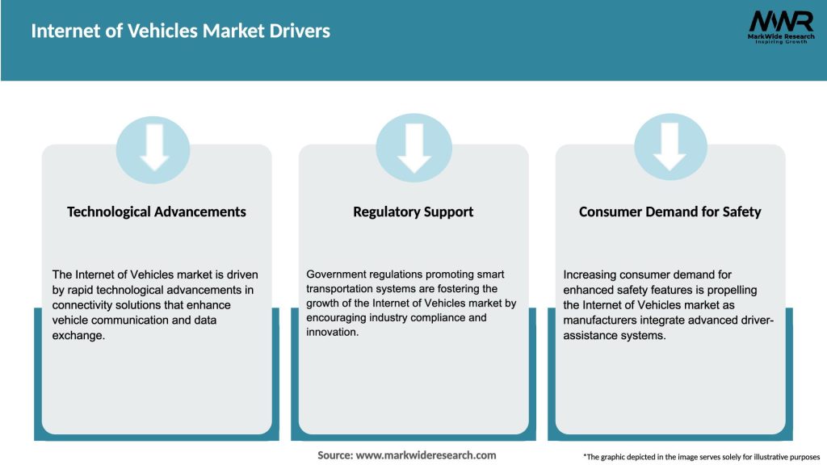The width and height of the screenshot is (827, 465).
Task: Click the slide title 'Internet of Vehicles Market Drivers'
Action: coord(180,31)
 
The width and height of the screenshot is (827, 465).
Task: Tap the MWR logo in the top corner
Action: coord(780,22)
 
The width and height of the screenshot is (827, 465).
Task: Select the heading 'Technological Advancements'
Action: coord(157,212)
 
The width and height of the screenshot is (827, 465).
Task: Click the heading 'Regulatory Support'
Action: coord(413,212)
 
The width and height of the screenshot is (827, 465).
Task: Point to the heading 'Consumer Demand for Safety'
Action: coord(670,212)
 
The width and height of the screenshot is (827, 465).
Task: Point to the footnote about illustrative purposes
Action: coord(701,457)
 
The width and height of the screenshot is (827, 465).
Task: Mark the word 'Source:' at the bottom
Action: coord(335,455)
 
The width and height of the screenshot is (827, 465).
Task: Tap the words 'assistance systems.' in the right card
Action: coord(615,335)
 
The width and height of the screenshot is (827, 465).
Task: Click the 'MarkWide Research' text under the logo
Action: coord(779,37)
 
